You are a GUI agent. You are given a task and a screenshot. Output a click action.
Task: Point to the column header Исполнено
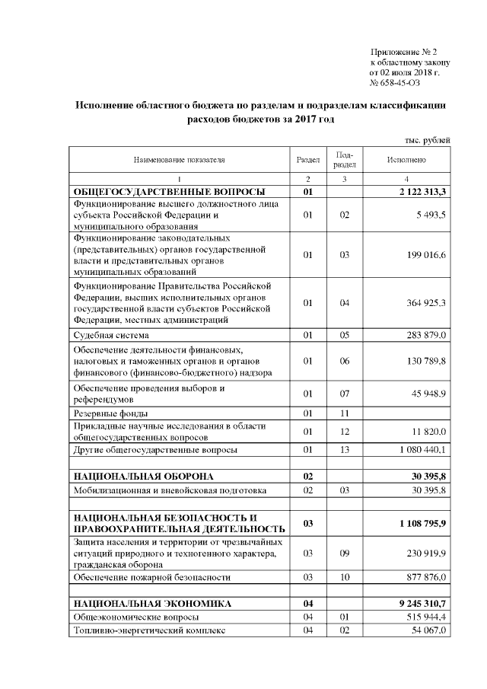coord(406,160)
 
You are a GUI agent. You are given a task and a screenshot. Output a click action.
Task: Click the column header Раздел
coord(307,160)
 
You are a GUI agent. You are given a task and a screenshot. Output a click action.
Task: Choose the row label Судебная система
coord(110,334)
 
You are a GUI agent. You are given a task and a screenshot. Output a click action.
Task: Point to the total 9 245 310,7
coord(418,603)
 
